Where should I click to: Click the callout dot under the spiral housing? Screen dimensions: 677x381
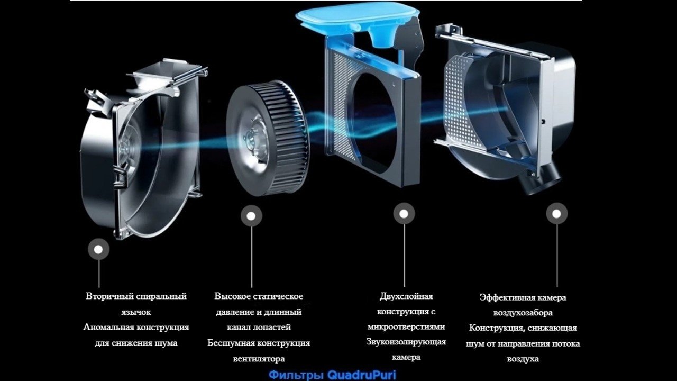(x=98, y=249)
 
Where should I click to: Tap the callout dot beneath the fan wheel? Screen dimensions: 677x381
(x=251, y=216)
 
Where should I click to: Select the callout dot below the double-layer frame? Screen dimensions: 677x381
(x=404, y=214)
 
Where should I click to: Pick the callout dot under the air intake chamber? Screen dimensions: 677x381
(x=557, y=214)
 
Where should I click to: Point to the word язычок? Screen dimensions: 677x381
(x=136, y=312)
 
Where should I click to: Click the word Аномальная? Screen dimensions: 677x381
(x=108, y=327)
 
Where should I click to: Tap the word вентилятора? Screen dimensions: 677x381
(x=259, y=359)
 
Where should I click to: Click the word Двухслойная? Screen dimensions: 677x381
(x=406, y=296)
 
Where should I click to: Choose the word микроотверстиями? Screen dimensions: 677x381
(x=406, y=326)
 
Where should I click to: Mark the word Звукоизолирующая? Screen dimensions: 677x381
(x=406, y=342)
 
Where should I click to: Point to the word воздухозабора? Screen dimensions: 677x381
(x=523, y=313)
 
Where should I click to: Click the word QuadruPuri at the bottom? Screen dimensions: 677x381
(x=361, y=375)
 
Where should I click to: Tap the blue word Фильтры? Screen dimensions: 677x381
(x=297, y=375)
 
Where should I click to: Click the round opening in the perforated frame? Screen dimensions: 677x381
(x=372, y=123)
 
